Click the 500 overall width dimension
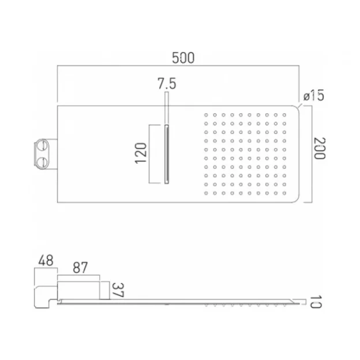coord(183,58)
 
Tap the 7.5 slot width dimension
coord(166,84)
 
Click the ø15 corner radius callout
coord(312,96)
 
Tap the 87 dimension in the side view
coord(81,268)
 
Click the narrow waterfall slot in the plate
coord(167,154)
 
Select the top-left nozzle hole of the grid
coord(206,115)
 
